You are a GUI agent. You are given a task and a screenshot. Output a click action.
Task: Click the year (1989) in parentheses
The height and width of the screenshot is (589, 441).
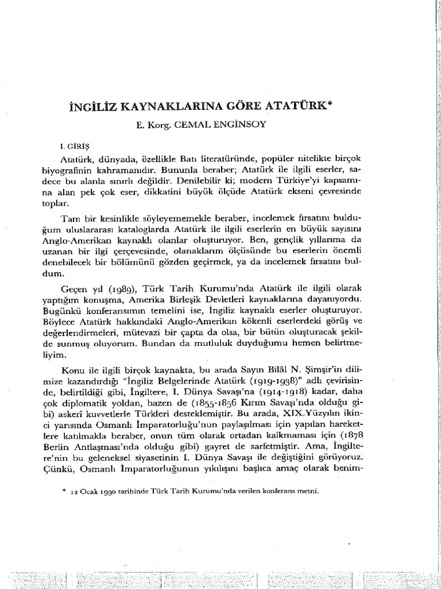131,288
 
